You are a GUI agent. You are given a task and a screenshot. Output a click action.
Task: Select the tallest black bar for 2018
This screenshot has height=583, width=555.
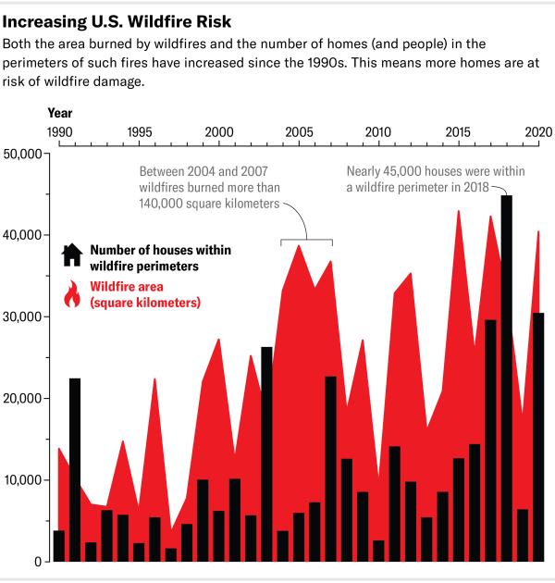(506, 379)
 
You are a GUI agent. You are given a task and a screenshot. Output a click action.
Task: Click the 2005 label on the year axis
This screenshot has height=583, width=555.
(298, 132)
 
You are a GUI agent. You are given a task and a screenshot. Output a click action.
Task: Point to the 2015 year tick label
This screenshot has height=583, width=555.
(458, 132)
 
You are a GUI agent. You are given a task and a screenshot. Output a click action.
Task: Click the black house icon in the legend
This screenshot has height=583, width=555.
(71, 255)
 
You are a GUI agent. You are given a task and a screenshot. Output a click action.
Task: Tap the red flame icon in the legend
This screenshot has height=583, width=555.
(71, 295)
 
